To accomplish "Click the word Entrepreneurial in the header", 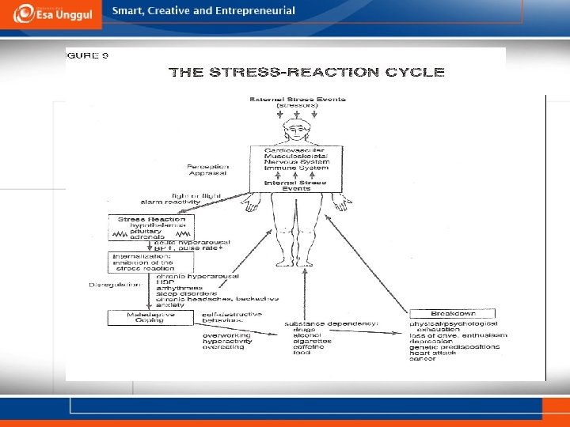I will (256, 11).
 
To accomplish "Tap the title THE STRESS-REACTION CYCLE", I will (307, 73).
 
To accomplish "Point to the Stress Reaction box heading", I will (150, 219).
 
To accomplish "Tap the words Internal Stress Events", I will (297, 184).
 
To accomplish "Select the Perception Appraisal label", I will (208, 171).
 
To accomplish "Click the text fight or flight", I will (197, 195).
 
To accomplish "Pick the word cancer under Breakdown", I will (423, 359).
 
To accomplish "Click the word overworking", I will (226, 334).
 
